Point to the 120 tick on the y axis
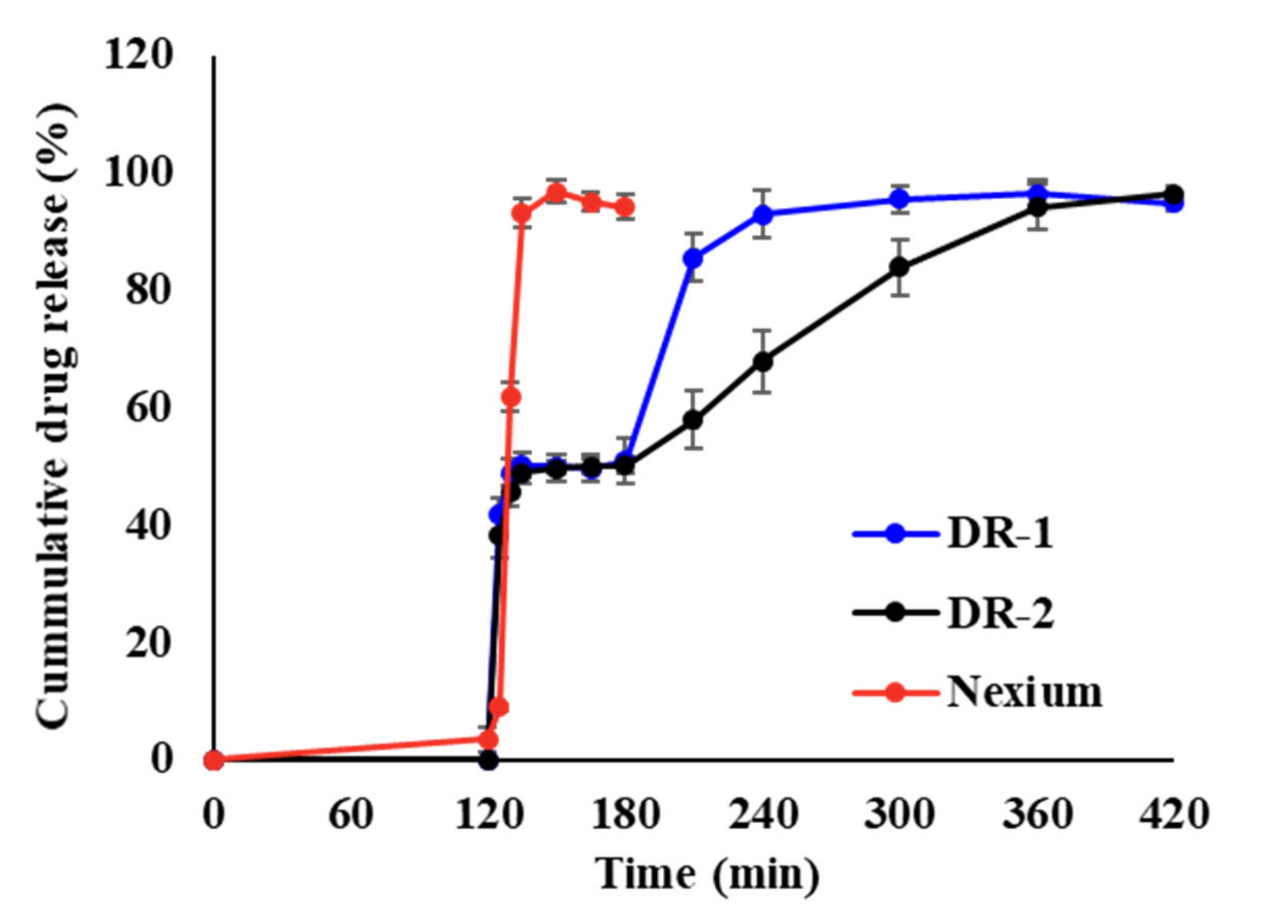coord(137,57)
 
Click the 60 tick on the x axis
coord(351,816)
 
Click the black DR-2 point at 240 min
coord(763,362)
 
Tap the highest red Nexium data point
coord(556,193)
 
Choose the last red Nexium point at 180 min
coord(626,207)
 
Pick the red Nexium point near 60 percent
coord(511,397)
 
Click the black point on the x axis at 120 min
coord(489,760)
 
